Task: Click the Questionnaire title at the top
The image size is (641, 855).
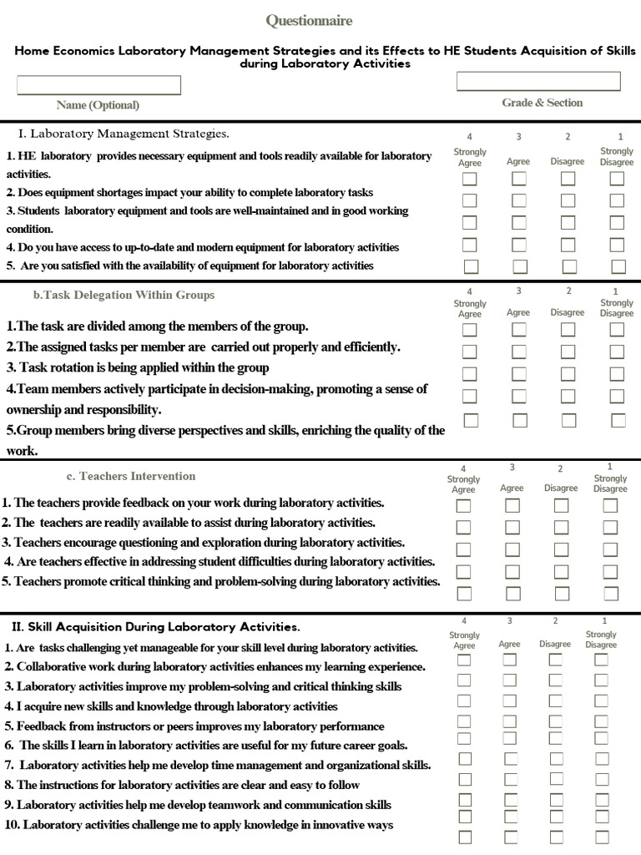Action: point(309,20)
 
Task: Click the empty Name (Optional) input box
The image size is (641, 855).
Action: point(98,85)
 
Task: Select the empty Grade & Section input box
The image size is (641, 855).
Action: point(538,81)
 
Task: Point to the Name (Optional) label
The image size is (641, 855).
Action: point(98,105)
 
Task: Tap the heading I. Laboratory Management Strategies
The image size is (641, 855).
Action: point(124,134)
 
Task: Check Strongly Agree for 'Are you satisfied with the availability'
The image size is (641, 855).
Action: point(471,266)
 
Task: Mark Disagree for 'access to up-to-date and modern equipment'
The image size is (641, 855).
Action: point(568,245)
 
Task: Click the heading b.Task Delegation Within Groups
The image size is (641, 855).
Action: point(124,295)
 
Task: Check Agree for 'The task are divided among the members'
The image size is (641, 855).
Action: point(519,330)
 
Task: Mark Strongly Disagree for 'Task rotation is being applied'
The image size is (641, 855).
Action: point(617,374)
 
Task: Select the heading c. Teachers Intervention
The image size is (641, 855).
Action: point(131,476)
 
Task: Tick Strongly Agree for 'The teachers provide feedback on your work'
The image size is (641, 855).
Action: point(463,506)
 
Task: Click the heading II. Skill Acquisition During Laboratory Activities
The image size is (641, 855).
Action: point(155,626)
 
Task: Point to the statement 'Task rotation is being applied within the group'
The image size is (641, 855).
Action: point(138,367)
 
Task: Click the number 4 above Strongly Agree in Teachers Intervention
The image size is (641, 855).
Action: point(463,468)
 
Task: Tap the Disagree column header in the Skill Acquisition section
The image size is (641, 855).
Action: point(555,644)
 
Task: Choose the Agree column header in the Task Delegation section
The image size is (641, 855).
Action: point(518,312)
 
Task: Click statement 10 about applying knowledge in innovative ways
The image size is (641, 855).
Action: point(199,825)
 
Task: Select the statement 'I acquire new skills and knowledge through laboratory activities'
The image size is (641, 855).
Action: point(171,706)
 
